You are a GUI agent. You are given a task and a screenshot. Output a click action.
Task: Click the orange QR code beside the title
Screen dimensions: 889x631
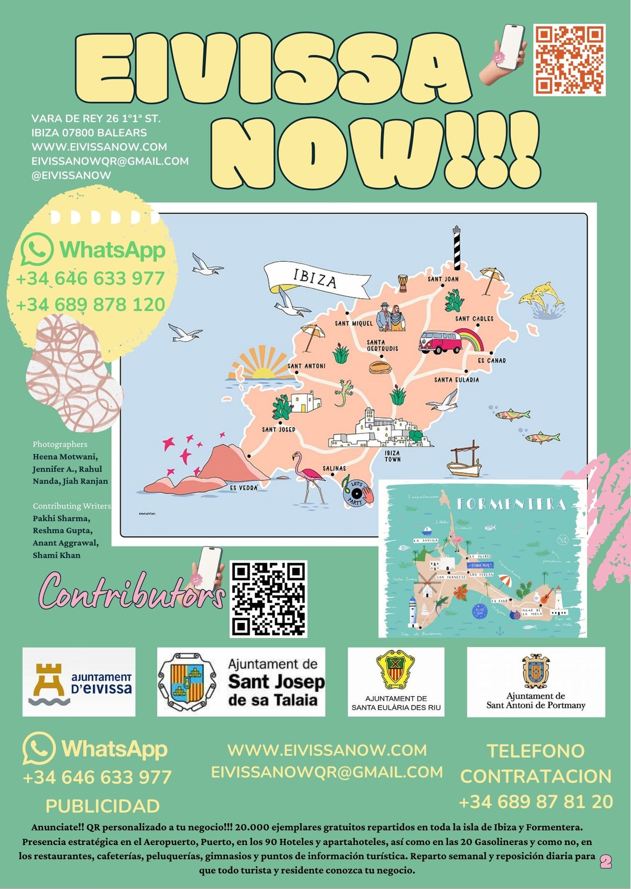pyautogui.click(x=569, y=60)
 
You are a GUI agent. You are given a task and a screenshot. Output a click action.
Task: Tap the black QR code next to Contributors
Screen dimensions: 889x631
pyautogui.click(x=268, y=598)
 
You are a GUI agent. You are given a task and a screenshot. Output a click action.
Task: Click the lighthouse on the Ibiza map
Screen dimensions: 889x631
pyautogui.click(x=457, y=247)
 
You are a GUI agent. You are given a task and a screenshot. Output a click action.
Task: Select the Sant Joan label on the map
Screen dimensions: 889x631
pyautogui.click(x=443, y=279)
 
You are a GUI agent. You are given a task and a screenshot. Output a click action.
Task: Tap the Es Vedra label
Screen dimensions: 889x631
pyautogui.click(x=244, y=488)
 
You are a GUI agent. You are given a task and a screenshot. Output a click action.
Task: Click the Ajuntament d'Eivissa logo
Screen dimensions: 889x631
pyautogui.click(x=79, y=682)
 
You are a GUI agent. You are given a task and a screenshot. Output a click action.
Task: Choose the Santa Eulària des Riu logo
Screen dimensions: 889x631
pyautogui.click(x=395, y=682)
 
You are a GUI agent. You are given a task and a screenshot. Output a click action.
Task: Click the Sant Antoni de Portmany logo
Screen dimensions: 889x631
pyautogui.click(x=535, y=682)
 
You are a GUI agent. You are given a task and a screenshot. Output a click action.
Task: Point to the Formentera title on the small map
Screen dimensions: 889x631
pyautogui.click(x=511, y=504)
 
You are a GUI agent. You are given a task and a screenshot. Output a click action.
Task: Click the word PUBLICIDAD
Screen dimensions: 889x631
pyautogui.click(x=103, y=806)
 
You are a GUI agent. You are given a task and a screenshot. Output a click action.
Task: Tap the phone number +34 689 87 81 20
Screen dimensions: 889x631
pyautogui.click(x=535, y=802)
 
